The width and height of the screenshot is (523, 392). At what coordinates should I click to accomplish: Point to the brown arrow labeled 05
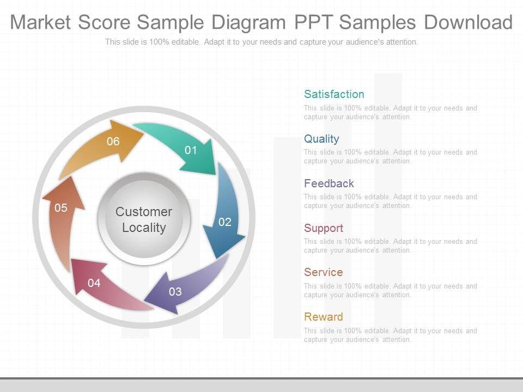coord(62,218)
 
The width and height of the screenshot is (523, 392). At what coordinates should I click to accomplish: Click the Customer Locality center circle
coord(144,219)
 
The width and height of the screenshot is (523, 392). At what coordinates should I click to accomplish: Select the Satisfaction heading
coord(334,94)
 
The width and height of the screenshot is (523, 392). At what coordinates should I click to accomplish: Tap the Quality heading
coord(321,139)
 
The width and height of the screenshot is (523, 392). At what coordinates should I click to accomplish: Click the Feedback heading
coord(329,183)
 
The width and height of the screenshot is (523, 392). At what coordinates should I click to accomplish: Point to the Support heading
coord(324,228)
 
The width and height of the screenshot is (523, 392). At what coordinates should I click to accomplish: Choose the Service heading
coord(323,272)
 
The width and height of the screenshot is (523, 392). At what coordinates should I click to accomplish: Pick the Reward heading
coord(323,317)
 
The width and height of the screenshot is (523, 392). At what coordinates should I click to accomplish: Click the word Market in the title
coord(41,22)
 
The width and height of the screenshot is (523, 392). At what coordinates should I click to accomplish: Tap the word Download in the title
coord(468,22)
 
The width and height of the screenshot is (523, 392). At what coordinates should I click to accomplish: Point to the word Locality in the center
coord(144,228)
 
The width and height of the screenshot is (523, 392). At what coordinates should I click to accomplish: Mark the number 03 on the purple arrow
coord(175,292)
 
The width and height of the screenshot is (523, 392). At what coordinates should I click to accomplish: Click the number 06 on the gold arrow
coord(113,142)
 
